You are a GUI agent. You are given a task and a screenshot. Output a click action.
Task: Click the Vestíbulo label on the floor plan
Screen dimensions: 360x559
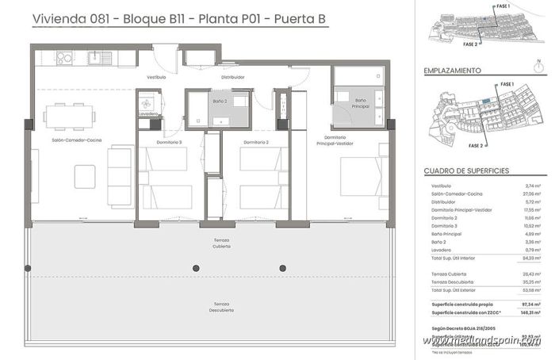click(156, 77)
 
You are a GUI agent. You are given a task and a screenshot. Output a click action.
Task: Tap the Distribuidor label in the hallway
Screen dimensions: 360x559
click(232, 77)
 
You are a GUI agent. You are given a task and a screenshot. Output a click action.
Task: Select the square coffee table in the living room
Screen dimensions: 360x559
click(85, 176)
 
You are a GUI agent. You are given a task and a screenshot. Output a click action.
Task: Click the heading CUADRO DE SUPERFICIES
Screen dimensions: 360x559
click(466, 170)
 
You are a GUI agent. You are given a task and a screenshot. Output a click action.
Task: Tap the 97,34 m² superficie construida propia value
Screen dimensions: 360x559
click(531, 303)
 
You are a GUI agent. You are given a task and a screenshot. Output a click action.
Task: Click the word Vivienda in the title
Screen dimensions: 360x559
click(57, 18)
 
